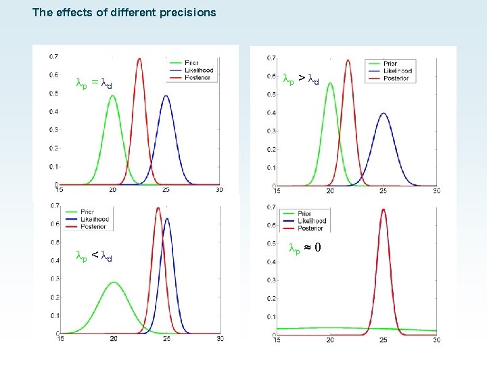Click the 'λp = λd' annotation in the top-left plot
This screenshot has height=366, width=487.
93,84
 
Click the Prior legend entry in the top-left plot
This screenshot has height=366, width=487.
191,62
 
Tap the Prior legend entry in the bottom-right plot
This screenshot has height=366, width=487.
304,213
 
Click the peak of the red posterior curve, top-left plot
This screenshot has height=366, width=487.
139,58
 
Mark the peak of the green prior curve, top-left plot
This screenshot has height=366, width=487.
113,96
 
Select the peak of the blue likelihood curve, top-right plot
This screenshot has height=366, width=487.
384,113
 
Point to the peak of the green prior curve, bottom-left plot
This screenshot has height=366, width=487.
114,282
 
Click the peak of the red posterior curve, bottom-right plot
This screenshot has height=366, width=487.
384,209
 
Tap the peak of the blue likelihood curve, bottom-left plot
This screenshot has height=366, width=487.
166,218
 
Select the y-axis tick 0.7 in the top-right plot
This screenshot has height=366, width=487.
270,57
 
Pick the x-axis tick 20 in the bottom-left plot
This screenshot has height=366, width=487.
114,340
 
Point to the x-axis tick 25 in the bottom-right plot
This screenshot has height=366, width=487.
384,340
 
